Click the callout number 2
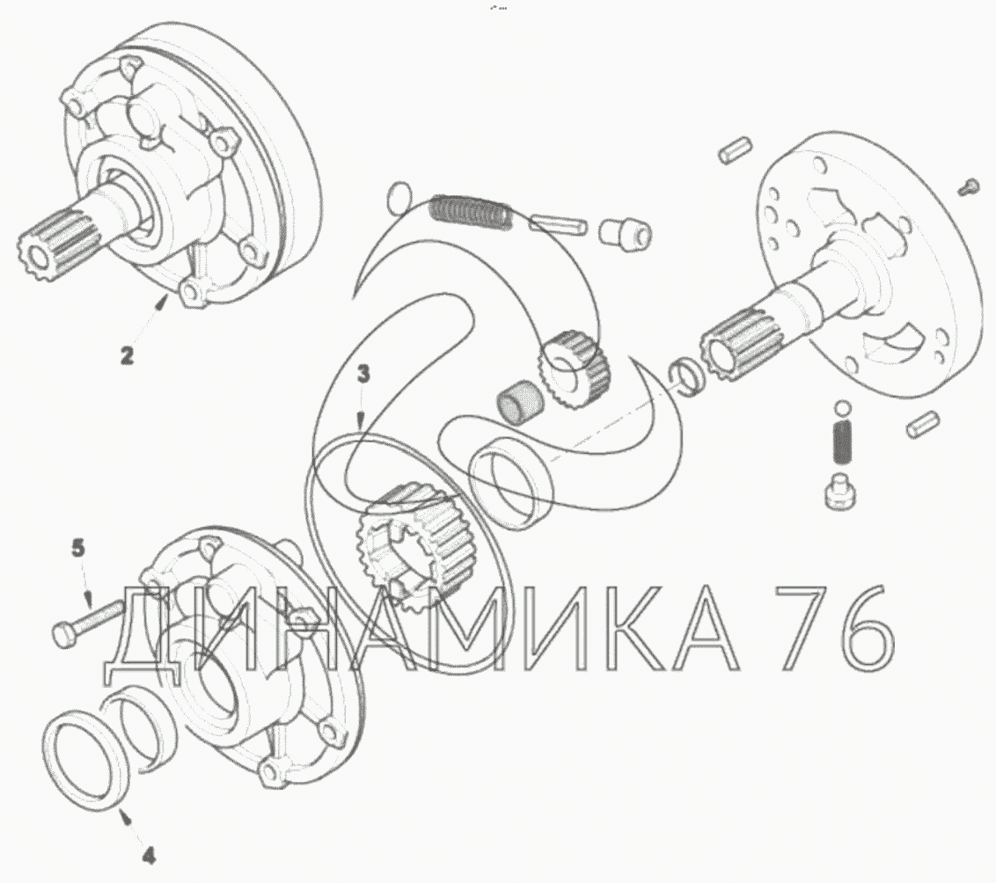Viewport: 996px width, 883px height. pyautogui.click(x=128, y=354)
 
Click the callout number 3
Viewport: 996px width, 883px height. pyautogui.click(x=363, y=375)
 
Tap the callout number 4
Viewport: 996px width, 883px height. pyautogui.click(x=148, y=857)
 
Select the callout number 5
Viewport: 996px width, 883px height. pyautogui.click(x=77, y=548)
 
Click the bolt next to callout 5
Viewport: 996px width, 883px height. pyautogui.click(x=88, y=624)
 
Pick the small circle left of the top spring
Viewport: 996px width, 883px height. pyautogui.click(x=399, y=197)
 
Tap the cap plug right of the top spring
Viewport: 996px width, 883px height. pyautogui.click(x=625, y=234)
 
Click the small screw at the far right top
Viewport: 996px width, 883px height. pyautogui.click(x=968, y=186)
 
